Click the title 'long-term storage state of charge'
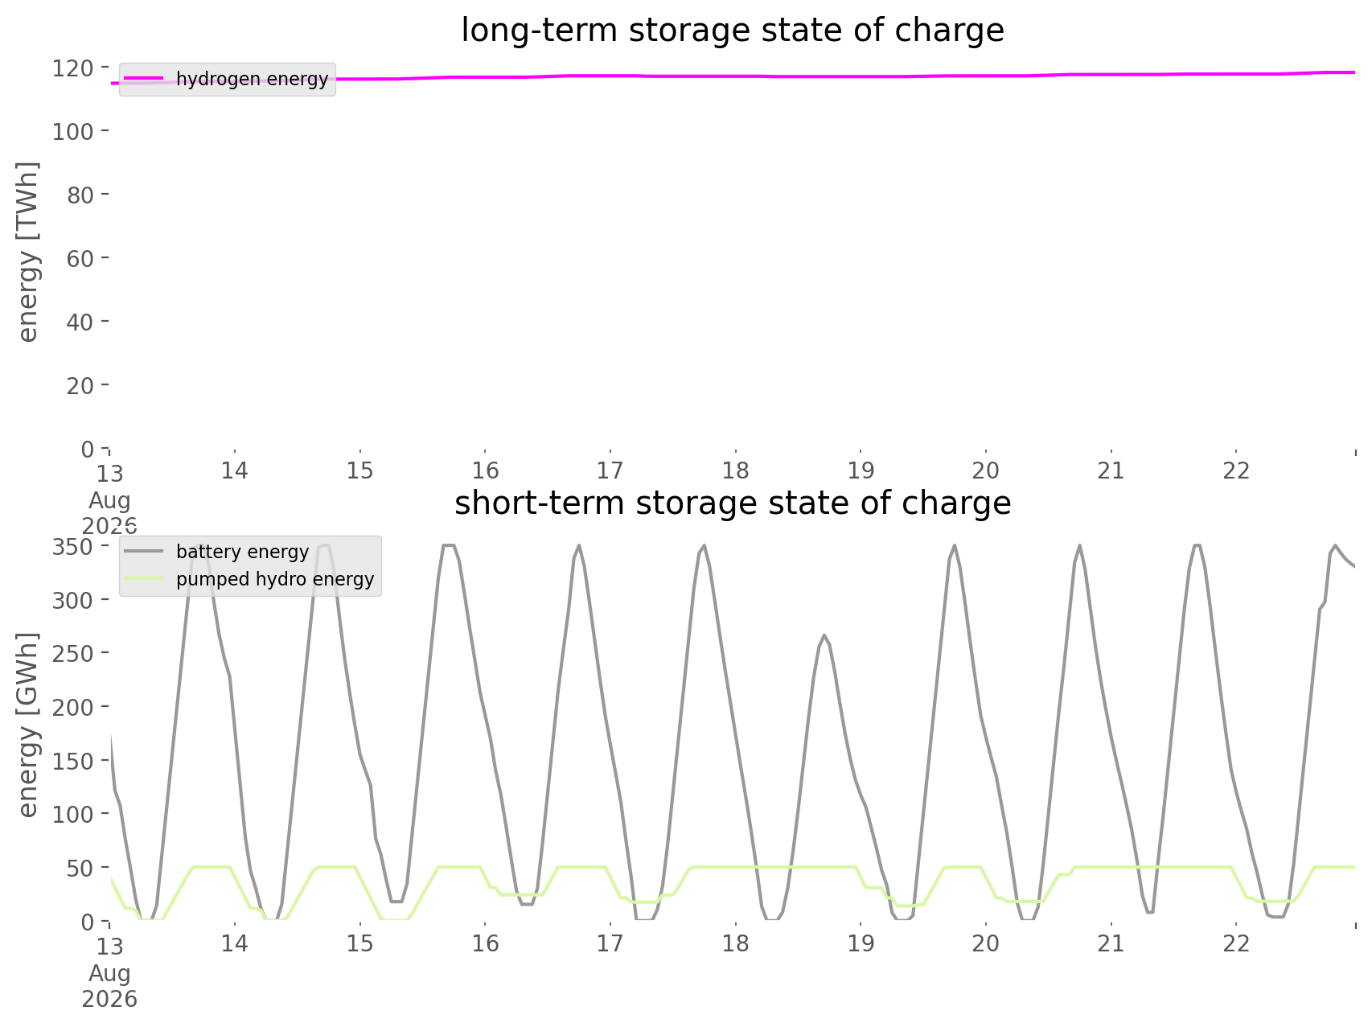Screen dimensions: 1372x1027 (x=733, y=31)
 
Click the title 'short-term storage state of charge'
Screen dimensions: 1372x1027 (x=733, y=503)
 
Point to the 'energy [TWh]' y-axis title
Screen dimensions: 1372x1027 (x=27, y=252)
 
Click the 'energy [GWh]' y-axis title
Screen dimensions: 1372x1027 (x=27, y=725)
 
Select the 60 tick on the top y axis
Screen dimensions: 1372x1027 (x=81, y=258)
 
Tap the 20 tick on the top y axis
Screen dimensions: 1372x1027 (x=81, y=385)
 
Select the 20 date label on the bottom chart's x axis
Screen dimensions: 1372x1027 (x=986, y=943)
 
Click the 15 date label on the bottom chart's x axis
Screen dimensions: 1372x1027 (x=360, y=943)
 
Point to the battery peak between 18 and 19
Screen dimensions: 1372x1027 (x=824, y=635)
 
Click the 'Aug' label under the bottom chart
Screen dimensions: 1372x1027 (x=110, y=973)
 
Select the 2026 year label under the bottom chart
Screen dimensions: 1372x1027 (x=110, y=1000)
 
